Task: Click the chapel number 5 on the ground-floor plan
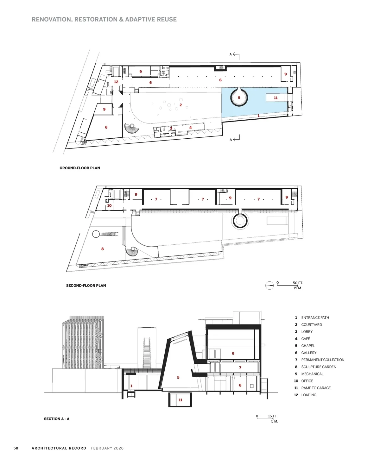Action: point(239,98)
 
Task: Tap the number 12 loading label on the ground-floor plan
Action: point(116,82)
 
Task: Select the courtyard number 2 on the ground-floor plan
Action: point(180,105)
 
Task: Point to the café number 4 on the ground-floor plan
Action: point(190,128)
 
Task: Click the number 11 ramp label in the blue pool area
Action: point(276,98)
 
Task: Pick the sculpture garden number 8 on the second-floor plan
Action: point(103,249)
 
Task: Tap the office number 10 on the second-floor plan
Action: point(109,205)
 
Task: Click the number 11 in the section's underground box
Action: point(180,400)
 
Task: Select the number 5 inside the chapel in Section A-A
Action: point(178,377)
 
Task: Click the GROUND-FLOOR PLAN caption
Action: point(80,168)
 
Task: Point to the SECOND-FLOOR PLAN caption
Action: point(86,286)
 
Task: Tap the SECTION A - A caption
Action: point(56,419)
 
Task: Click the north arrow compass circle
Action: point(269,286)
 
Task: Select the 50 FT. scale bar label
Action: point(298,283)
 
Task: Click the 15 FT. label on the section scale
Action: point(273,416)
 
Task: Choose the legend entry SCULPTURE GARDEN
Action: point(319,367)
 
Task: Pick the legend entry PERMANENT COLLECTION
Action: point(323,360)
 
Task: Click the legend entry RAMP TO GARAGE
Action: point(316,388)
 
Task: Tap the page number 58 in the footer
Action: point(16,448)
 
